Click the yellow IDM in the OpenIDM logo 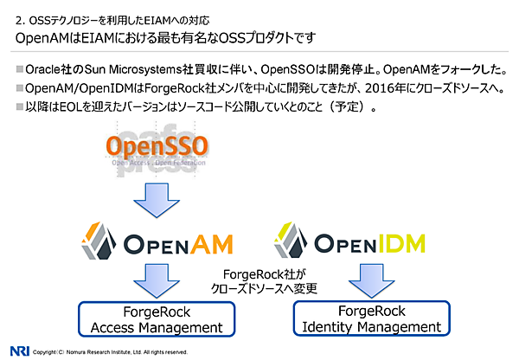coord(405,245)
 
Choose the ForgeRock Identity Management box coord(372,318)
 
